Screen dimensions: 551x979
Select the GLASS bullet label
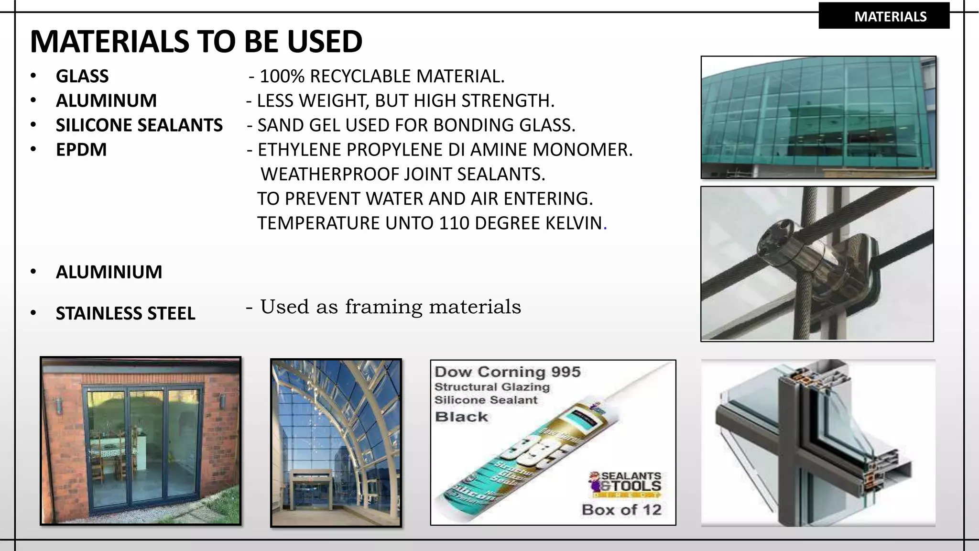pyautogui.click(x=82, y=76)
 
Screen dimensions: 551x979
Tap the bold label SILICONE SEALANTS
pyautogui.click(x=139, y=125)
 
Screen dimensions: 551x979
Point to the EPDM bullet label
pyautogui.click(x=81, y=150)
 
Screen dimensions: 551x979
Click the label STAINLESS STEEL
pyautogui.click(x=125, y=313)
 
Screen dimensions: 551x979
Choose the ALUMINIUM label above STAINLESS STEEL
pyautogui.click(x=109, y=272)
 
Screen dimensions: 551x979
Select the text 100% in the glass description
pyautogui.click(x=282, y=76)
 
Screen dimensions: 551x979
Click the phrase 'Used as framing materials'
pyautogui.click(x=390, y=307)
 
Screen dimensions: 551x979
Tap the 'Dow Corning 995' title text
pyautogui.click(x=507, y=372)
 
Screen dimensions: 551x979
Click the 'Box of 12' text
pyautogui.click(x=621, y=510)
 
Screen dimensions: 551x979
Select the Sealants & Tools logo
pyautogui.click(x=625, y=483)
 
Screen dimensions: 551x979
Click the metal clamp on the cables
pyautogui.click(x=808, y=258)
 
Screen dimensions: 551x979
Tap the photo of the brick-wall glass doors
pyautogui.click(x=141, y=441)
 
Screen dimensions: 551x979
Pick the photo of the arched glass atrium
pyautogui.click(x=336, y=443)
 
